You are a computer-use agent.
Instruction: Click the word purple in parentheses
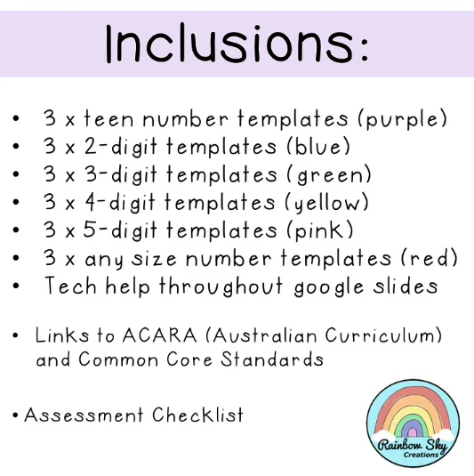point(402,119)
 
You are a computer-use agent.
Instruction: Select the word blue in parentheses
point(318,147)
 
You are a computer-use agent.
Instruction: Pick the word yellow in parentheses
point(327,203)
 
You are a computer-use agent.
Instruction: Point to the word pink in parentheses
point(320,230)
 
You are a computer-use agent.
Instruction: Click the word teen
point(108,118)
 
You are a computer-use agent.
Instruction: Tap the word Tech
point(70,286)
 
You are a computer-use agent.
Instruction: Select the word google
point(329,287)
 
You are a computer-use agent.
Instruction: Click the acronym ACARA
point(159,335)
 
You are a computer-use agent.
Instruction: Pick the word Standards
point(272,359)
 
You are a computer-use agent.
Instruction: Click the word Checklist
point(197,415)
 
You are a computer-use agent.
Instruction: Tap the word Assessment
point(84,415)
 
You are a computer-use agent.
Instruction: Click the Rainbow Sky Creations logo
point(413,424)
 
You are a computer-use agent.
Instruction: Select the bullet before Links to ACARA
point(15,335)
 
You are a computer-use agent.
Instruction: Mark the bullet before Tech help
point(16,286)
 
